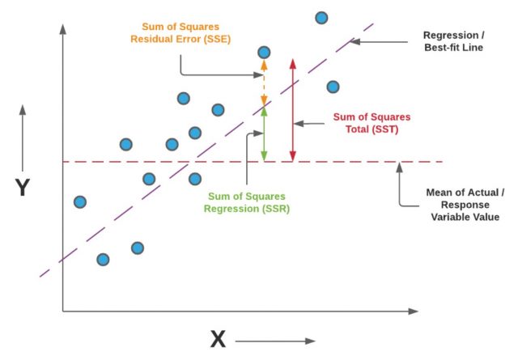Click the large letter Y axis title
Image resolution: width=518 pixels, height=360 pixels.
click(x=23, y=188)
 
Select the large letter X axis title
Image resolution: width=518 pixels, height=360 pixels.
click(x=218, y=340)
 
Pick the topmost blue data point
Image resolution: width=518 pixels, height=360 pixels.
click(x=321, y=18)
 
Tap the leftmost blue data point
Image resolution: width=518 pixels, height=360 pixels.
click(x=79, y=201)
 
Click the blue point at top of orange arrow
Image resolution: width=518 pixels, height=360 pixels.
click(x=264, y=53)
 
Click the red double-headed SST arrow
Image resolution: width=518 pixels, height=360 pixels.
click(x=293, y=109)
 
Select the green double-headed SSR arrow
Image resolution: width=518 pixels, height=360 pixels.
click(x=264, y=134)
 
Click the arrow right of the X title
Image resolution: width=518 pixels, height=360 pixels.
click(x=279, y=341)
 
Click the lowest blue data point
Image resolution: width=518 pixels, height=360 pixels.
click(x=103, y=260)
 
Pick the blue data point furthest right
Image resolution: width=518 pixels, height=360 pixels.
click(x=333, y=87)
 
